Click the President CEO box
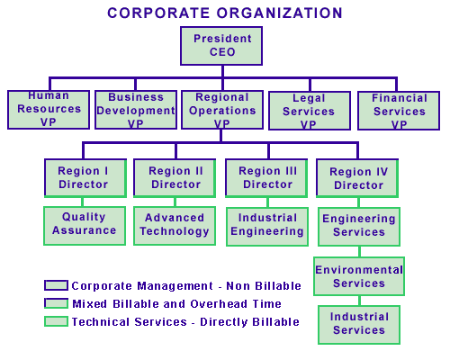221,46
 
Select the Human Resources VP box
49,110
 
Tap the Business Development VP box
136,110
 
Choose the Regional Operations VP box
222,110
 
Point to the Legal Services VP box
310,111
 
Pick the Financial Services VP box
399,111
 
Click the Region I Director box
85,178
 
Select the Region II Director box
175,178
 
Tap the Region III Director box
266,178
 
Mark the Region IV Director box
357,178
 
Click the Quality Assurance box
85,226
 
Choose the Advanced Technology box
175,226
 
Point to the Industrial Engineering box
267,227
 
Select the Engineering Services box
359,227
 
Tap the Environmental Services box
359,276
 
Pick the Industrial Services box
359,325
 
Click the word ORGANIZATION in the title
280,13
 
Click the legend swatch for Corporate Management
56,285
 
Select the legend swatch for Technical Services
56,321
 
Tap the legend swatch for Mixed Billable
56,303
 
